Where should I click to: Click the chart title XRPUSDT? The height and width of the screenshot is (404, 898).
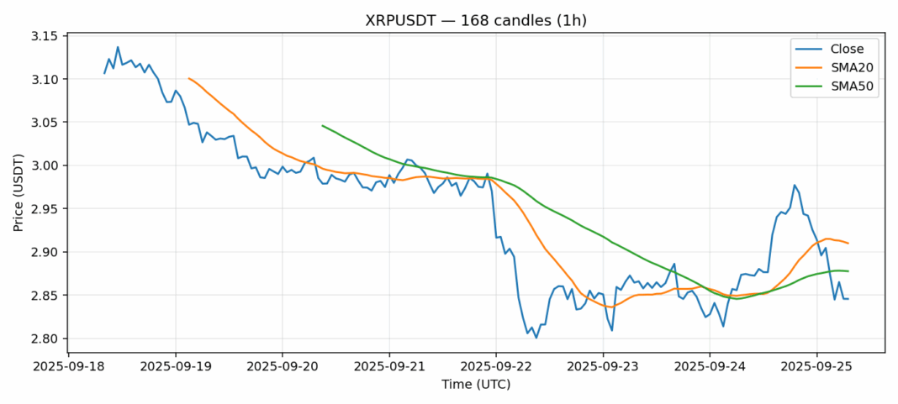(475, 20)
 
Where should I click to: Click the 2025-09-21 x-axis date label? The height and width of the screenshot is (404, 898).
(389, 367)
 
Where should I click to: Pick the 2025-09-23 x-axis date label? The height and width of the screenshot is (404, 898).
(603, 367)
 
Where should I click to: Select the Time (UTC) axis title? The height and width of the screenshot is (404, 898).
(476, 384)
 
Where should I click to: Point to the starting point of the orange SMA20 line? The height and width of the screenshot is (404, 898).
(189, 78)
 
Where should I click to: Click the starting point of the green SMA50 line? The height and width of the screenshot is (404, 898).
(323, 125)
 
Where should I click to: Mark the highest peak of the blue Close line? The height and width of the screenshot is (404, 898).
(118, 47)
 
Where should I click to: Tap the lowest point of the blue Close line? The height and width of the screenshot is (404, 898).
(536, 338)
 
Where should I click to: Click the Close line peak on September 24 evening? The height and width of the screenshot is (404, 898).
(794, 185)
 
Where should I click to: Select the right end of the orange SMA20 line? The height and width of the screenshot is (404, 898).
(848, 244)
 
